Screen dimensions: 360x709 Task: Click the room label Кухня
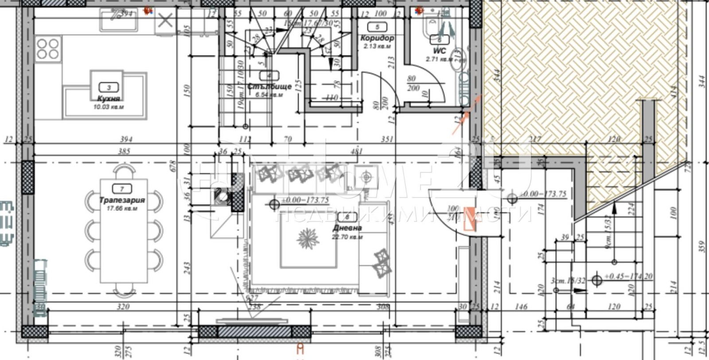pos(109,98)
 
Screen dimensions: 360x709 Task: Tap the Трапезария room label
pos(122,200)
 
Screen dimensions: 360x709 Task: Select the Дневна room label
pos(347,228)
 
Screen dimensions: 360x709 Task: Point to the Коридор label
pos(377,38)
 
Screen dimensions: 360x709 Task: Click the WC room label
pos(439,51)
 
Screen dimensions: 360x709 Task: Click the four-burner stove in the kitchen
pos(48,49)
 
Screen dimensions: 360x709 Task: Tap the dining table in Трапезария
pos(124,231)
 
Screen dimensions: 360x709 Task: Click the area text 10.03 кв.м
pos(109,107)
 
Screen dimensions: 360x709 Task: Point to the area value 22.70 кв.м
pos(347,237)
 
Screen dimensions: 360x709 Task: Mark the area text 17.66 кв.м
pos(122,208)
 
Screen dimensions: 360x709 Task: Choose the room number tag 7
pos(122,189)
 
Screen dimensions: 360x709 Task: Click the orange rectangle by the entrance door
pos(470,219)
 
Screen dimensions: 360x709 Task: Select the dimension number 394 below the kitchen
pos(126,139)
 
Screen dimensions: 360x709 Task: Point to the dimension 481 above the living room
pos(357,151)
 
